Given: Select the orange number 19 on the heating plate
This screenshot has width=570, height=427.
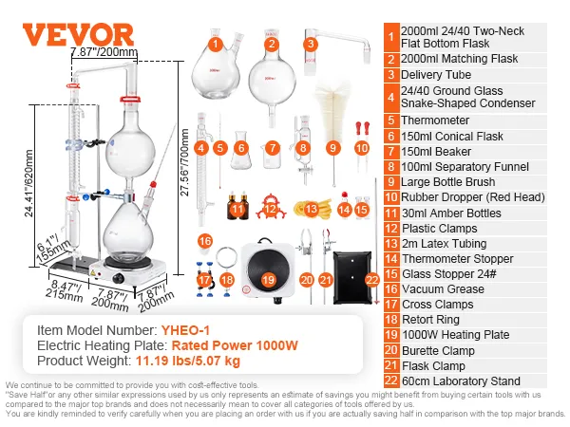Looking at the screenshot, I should (x=268, y=280).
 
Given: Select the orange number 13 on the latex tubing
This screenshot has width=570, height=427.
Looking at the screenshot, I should (x=312, y=208).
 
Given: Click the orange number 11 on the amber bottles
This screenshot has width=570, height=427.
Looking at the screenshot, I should (x=237, y=208).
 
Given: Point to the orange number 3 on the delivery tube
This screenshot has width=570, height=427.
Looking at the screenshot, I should (x=310, y=44).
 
